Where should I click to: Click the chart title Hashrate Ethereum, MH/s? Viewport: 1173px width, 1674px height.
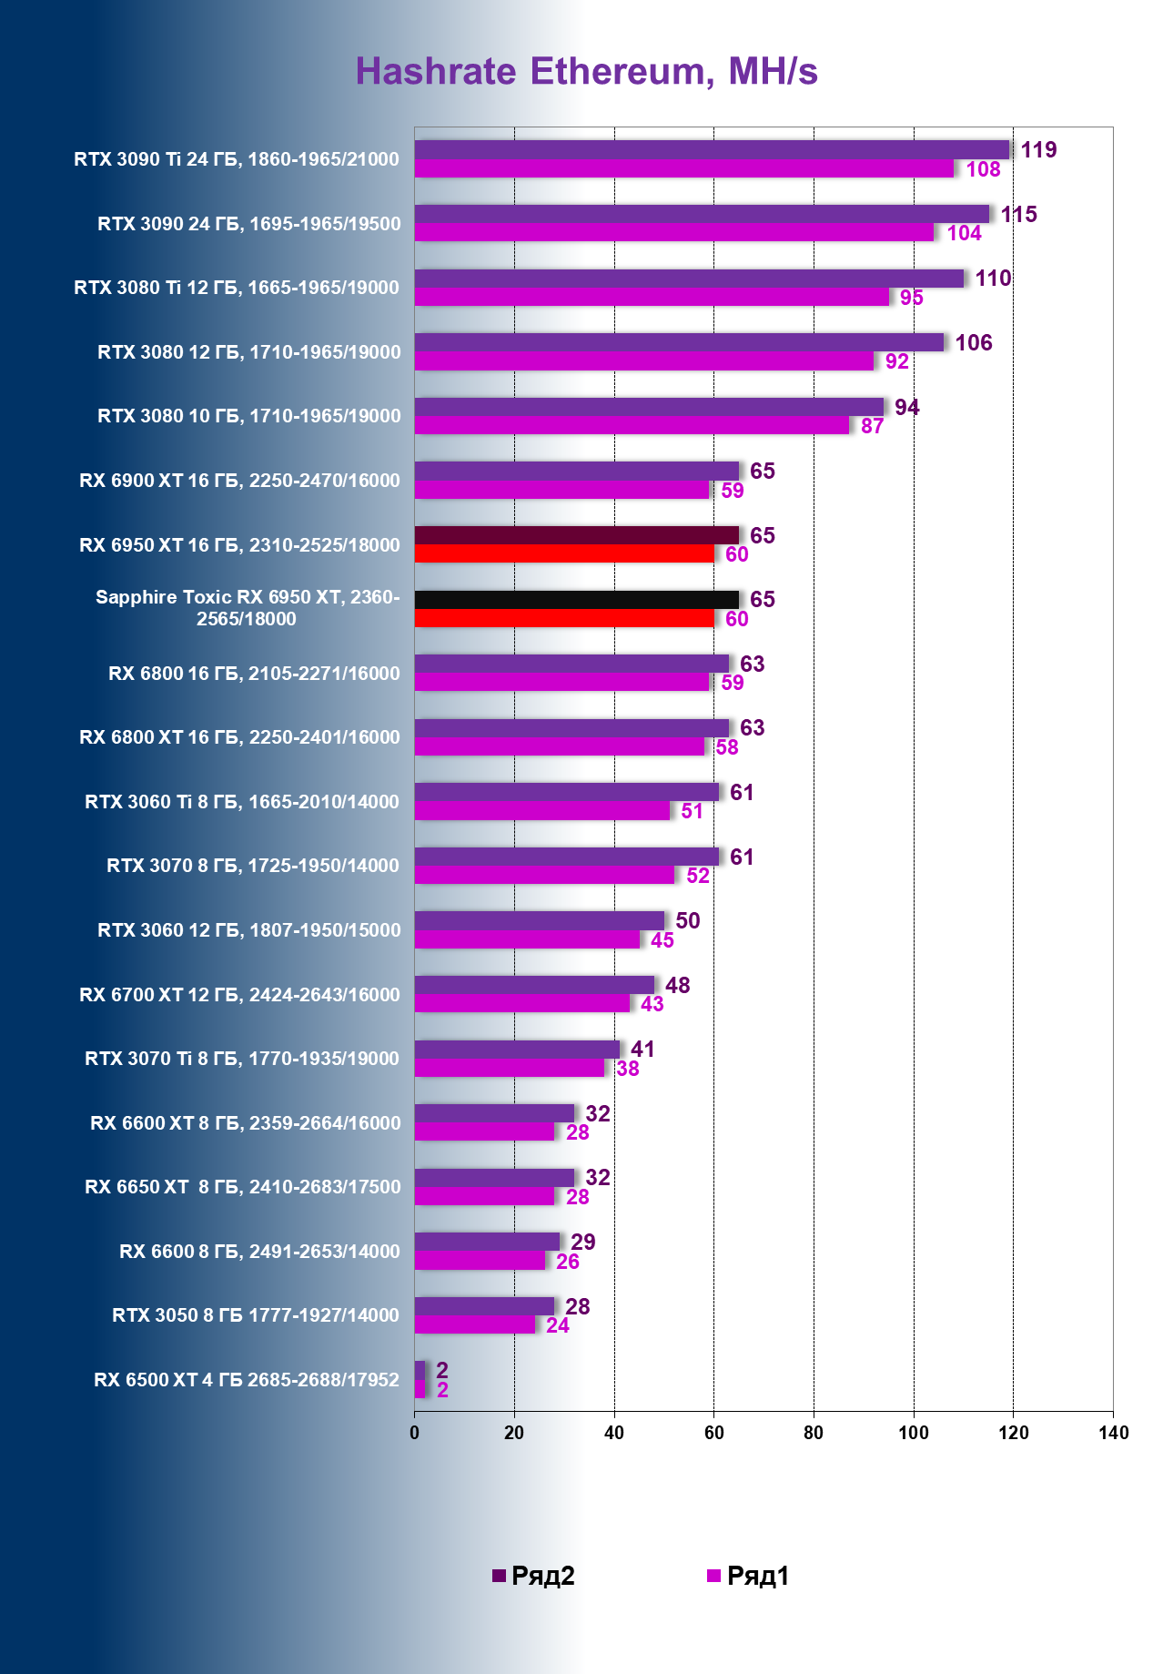586,71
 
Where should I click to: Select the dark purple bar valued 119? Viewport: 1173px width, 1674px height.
712,149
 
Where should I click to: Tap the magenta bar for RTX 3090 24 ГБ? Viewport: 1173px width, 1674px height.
673,233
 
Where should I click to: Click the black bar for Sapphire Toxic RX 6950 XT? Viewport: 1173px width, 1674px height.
576,599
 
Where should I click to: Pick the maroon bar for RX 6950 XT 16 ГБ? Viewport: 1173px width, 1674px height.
576,535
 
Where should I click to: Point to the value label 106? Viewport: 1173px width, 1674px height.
973,343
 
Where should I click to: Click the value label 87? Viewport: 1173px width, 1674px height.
872,426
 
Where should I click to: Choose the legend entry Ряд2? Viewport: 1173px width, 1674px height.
533,1576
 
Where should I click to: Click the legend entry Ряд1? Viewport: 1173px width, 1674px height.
748,1576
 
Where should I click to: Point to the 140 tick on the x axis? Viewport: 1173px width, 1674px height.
1113,1433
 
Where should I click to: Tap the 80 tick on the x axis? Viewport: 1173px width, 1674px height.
814,1433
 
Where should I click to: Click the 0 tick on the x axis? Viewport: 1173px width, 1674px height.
415,1433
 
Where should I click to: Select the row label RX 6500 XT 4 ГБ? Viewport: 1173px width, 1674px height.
246,1380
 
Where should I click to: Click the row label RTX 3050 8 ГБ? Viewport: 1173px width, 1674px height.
255,1315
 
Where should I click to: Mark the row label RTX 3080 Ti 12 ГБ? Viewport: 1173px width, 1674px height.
236,288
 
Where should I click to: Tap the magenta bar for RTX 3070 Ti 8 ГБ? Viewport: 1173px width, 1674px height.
510,1068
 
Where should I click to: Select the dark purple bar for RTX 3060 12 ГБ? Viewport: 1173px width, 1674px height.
540,920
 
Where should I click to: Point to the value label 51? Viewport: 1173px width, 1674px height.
692,811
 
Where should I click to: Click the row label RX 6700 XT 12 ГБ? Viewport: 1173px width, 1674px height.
239,995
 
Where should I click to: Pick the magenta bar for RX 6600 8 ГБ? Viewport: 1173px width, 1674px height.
480,1261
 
